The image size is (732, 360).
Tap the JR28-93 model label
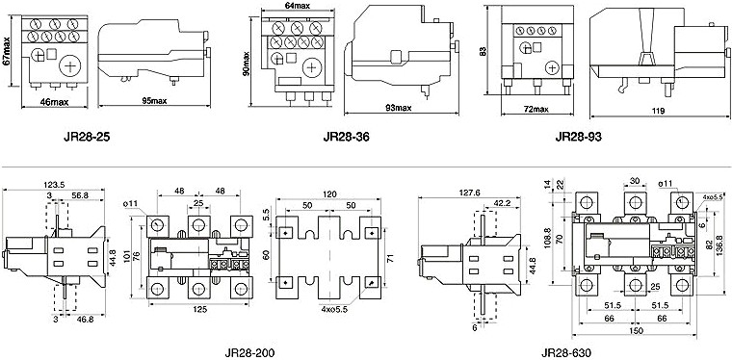pyautogui.click(x=579, y=137)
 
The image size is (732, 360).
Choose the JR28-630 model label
pyautogui.click(x=566, y=352)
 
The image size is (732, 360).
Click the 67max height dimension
pyautogui.click(x=7, y=52)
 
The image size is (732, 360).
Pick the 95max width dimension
pyautogui.click(x=154, y=101)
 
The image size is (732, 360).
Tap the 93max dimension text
pyautogui.click(x=398, y=108)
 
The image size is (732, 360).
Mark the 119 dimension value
pyautogui.click(x=659, y=111)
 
